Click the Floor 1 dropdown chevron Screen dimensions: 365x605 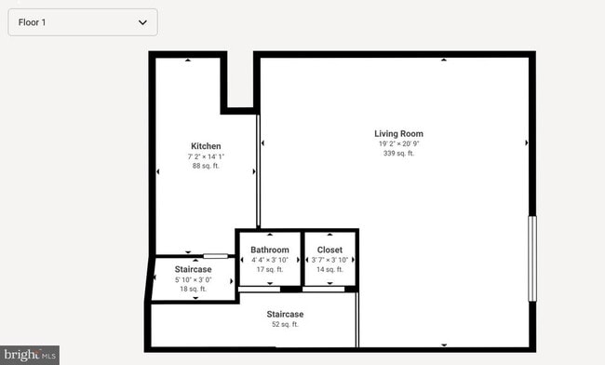tap(142, 21)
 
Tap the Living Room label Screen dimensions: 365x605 tap(398, 134)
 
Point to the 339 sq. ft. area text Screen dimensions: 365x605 tap(398, 154)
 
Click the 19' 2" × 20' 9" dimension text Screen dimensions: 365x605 tap(398, 144)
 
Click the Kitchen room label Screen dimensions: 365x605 tap(206, 146)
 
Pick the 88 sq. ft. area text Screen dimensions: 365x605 tap(206, 166)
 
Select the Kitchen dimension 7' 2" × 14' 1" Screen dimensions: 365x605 tap(206, 156)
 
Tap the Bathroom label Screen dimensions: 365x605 tap(270, 250)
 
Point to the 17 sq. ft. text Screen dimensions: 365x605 tap(270, 269)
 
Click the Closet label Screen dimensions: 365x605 tap(329, 250)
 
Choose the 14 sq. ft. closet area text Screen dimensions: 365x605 tap(329, 269)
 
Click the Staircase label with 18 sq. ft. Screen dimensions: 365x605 tap(194, 269)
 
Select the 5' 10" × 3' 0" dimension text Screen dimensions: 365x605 tap(194, 279)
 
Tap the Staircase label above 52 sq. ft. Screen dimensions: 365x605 tap(285, 315)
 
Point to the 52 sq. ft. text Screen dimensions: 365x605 tap(285, 325)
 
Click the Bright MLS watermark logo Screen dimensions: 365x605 tap(30, 355)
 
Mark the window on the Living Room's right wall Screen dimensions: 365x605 tap(532, 258)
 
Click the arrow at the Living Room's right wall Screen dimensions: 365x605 tap(527, 143)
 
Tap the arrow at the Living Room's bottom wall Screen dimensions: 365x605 tap(443, 344)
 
